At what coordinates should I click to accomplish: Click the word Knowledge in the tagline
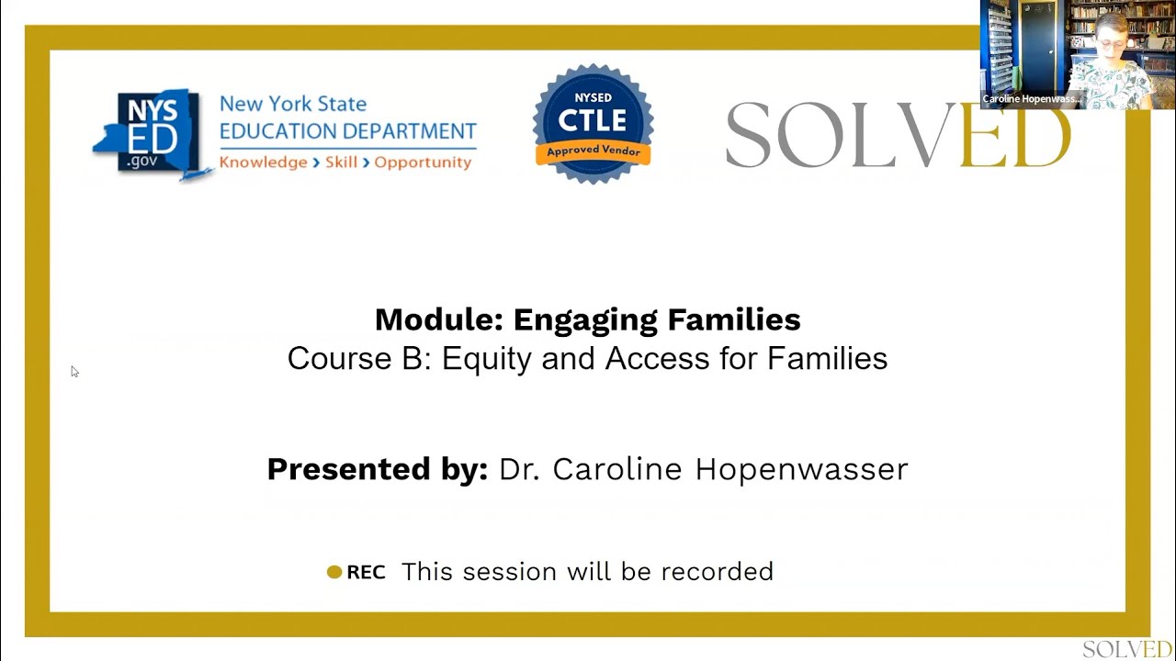click(263, 162)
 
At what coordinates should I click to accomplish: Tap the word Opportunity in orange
click(423, 162)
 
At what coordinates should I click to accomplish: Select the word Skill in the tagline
click(341, 162)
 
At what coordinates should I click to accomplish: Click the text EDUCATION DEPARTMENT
click(347, 131)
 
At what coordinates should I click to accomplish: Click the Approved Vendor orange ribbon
click(593, 151)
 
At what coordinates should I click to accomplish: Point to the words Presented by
click(377, 469)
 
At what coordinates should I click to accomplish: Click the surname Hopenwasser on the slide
click(801, 469)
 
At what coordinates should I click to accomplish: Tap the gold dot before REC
click(334, 572)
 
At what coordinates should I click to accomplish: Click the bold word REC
click(366, 572)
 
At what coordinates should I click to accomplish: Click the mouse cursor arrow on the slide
click(74, 371)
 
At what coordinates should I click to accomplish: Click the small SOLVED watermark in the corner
click(1126, 649)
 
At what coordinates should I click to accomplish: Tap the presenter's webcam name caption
click(1031, 99)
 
